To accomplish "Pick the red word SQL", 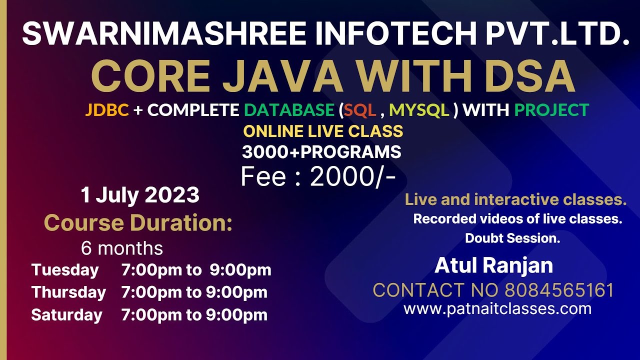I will [x=359, y=110].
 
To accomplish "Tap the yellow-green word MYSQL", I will [x=419, y=110].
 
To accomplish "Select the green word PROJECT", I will [x=551, y=110].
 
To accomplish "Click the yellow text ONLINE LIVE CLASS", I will [x=323, y=131].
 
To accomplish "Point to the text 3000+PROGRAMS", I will [x=321, y=152].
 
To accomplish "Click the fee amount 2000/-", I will [x=353, y=176].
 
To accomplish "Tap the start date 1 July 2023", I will [x=140, y=195].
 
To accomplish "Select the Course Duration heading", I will [x=138, y=223].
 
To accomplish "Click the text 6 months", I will [x=122, y=248].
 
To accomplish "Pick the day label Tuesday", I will [x=65, y=270].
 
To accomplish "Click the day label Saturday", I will [x=66, y=315].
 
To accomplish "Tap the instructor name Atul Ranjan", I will [x=493, y=265].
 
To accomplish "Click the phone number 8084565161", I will [x=559, y=290].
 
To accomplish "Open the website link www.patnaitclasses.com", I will [x=497, y=308].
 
